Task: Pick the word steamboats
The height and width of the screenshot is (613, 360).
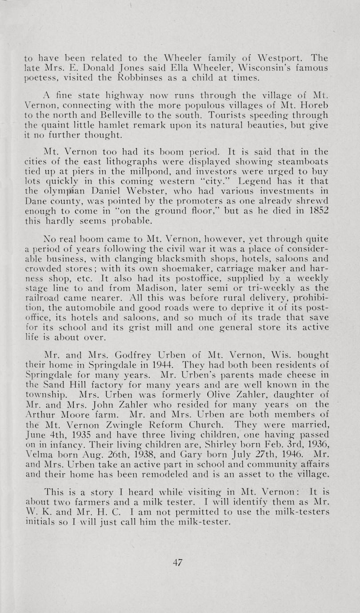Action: (302, 160)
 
